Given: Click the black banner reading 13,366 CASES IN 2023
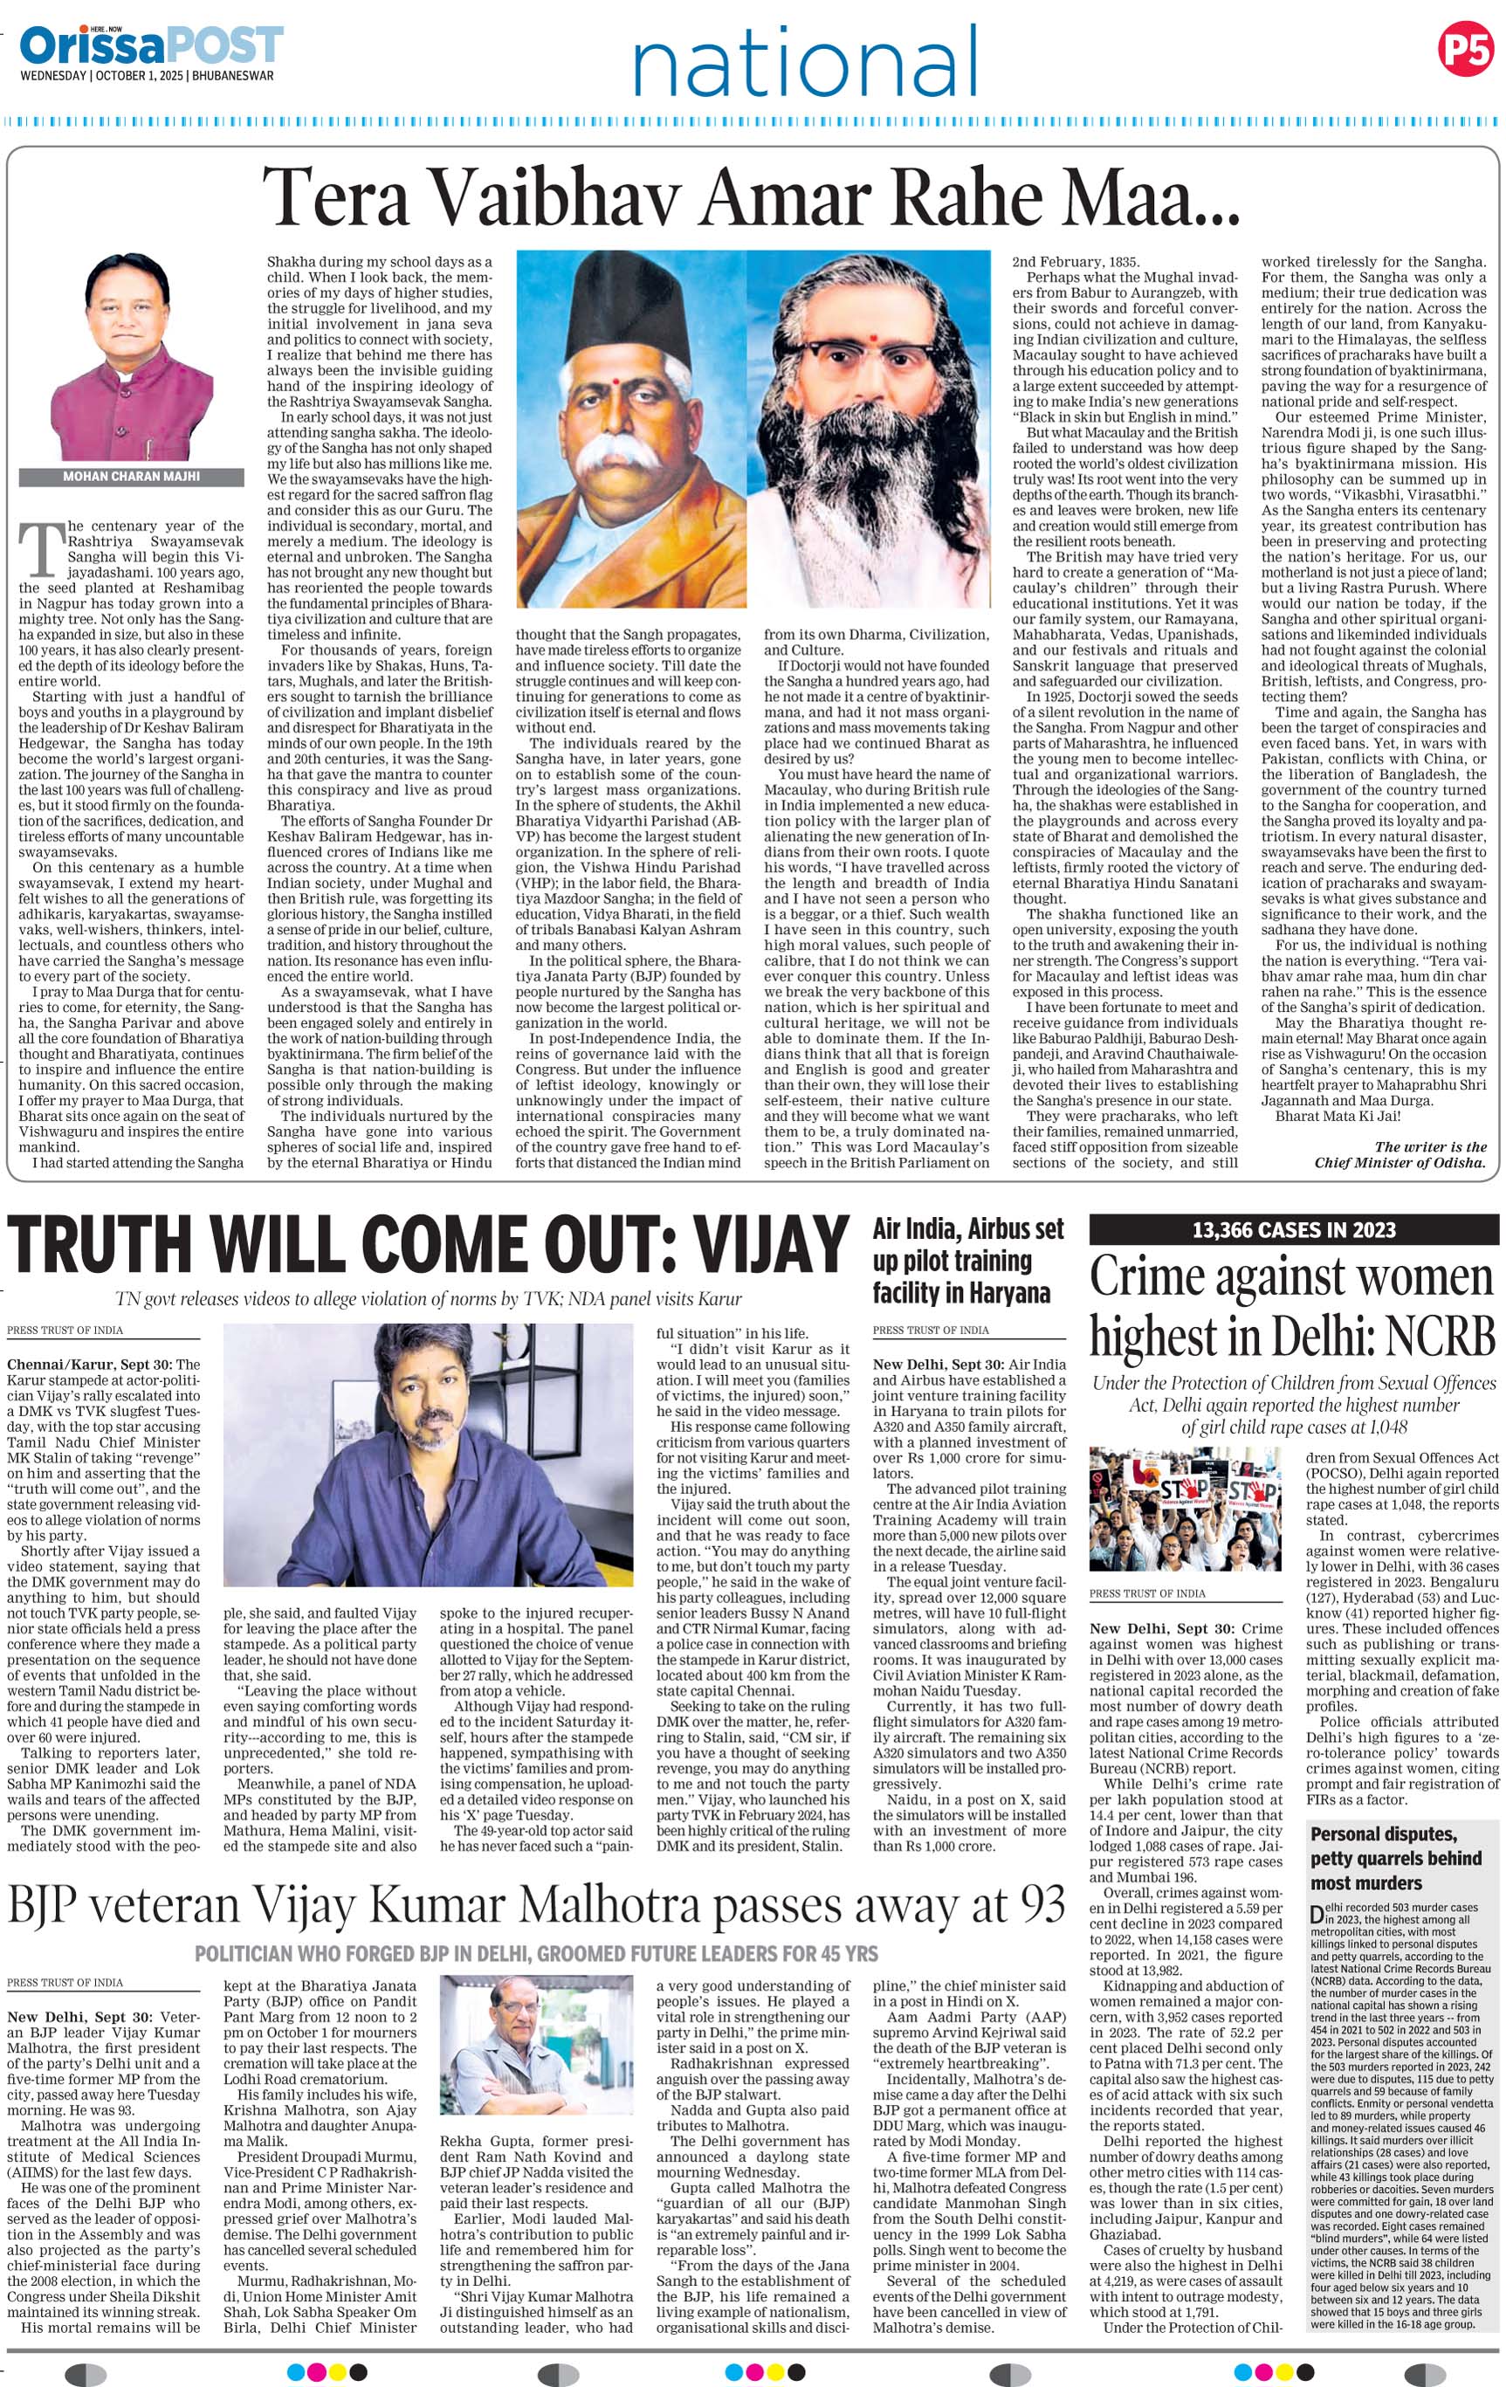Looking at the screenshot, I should (x=1294, y=1230).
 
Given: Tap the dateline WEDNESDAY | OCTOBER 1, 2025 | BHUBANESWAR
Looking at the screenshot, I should (x=148, y=75).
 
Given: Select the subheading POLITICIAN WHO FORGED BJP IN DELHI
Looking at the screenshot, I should (x=536, y=1954).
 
